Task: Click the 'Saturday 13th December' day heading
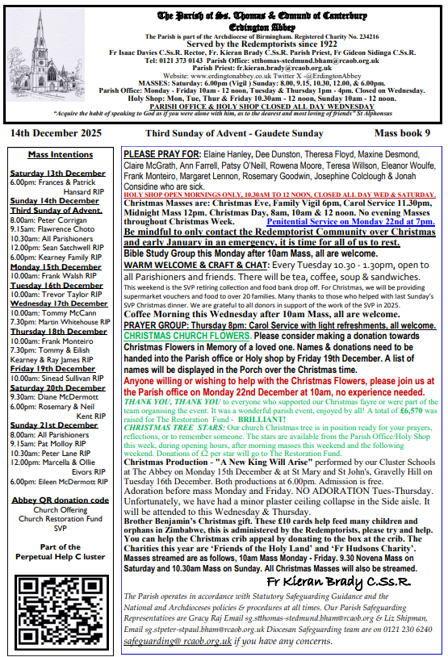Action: point(57,174)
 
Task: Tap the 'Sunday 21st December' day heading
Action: point(55,425)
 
